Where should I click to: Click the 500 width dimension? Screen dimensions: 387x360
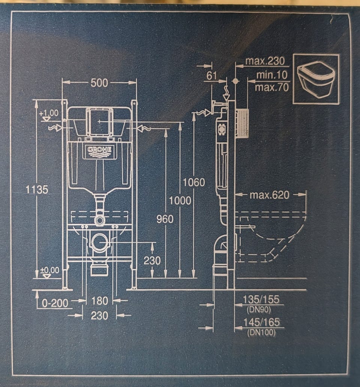pos(99,83)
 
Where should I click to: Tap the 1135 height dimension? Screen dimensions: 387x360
pos(37,190)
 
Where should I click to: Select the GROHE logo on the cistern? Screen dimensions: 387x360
pos(100,150)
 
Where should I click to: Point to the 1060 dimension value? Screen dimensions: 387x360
pos(194,182)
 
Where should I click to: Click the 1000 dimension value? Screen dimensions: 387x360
pos(180,200)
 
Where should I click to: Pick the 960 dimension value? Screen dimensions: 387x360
pos(165,218)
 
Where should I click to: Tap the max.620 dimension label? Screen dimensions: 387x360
pos(270,195)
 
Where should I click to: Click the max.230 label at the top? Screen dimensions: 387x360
pos(265,61)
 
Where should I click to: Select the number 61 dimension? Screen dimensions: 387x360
pos(212,75)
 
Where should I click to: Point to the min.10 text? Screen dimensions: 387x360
pos(272,75)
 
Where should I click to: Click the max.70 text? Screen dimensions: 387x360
pos(271,88)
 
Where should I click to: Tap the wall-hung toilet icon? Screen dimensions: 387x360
pos(316,79)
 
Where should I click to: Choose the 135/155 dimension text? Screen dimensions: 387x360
pos(261,300)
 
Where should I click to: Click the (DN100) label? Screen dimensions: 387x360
pos(261,332)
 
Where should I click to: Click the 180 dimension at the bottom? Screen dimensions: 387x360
pos(99,301)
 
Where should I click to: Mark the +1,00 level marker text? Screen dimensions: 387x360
pos(49,113)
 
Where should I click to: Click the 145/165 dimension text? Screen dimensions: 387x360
pos(261,322)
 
